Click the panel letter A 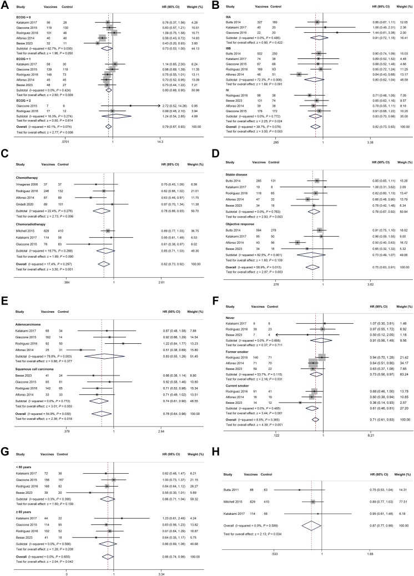tap(4, 4)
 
